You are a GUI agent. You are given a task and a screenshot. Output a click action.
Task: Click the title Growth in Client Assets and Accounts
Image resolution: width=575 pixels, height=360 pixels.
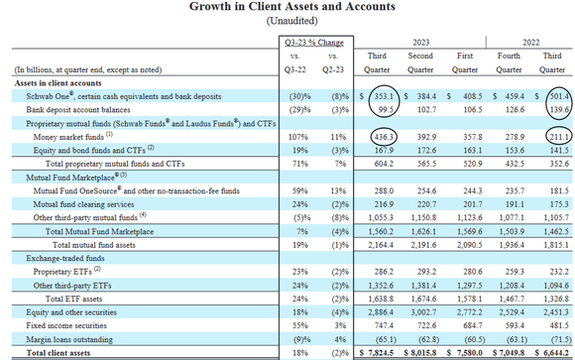[x=287, y=7]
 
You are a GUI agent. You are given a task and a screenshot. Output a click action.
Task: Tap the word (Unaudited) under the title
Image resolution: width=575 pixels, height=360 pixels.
[x=287, y=22]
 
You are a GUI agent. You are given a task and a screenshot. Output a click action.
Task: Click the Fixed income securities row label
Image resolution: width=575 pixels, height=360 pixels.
[x=51, y=322]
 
